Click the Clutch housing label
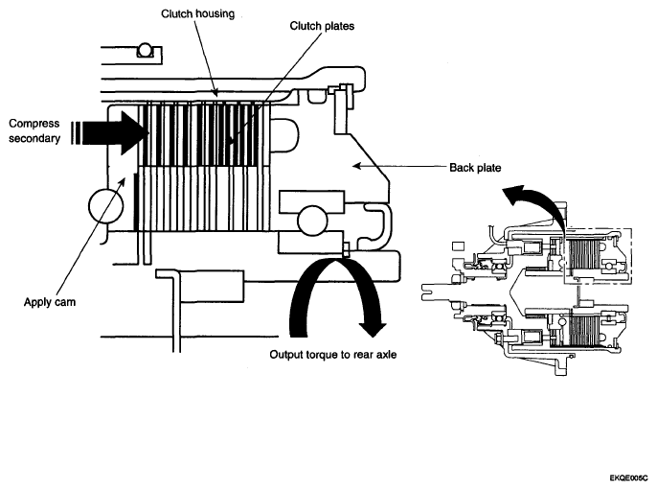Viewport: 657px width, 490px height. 197,13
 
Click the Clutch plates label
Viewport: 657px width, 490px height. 322,26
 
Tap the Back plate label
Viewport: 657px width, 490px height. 475,168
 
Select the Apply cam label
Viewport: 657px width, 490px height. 50,302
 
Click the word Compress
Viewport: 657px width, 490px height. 34,124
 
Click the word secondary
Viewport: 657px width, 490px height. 34,138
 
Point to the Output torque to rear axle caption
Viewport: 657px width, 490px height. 333,355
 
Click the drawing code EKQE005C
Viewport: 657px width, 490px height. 628,478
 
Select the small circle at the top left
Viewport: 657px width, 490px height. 145,50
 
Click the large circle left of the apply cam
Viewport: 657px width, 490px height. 106,206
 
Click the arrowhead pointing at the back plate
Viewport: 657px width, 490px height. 356,166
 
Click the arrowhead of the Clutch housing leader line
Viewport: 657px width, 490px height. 215,92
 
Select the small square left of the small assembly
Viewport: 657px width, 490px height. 459,246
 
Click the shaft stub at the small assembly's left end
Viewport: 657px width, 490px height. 436,292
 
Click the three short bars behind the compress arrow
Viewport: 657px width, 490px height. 75,133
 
